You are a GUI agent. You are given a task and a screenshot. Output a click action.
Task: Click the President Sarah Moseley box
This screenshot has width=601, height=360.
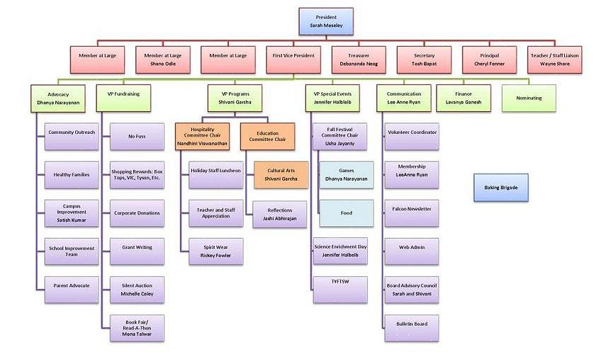pyautogui.click(x=326, y=21)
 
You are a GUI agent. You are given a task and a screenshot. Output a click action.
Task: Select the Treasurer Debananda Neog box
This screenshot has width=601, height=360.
pyautogui.click(x=359, y=60)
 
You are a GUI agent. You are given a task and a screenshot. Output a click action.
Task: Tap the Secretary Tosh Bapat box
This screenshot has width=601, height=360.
pyautogui.click(x=425, y=60)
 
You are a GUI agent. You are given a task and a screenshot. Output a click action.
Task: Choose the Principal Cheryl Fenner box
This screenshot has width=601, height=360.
pyautogui.click(x=490, y=60)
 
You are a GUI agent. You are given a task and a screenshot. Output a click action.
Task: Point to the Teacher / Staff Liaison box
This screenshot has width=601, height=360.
pyautogui.click(x=555, y=60)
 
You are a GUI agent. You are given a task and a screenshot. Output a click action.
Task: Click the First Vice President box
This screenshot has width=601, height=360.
pyautogui.click(x=293, y=60)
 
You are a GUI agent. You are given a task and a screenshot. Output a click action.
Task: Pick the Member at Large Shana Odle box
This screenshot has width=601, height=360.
pyautogui.click(x=162, y=60)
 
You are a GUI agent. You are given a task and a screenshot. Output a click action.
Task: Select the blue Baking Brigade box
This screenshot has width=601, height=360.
pyautogui.click(x=501, y=187)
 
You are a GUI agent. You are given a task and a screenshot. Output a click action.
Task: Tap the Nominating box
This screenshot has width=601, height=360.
pyautogui.click(x=529, y=98)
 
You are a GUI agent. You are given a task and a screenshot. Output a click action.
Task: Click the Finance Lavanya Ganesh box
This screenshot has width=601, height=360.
pyautogui.click(x=463, y=98)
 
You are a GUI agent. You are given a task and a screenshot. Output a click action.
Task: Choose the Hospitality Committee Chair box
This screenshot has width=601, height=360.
pyautogui.click(x=206, y=137)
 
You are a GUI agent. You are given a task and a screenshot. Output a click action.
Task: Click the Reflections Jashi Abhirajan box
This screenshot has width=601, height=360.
pyautogui.click(x=280, y=214)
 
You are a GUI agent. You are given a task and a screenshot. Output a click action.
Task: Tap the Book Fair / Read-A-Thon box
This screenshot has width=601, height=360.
pyautogui.click(x=137, y=327)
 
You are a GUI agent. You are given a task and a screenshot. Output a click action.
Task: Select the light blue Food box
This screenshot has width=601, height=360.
pyautogui.click(x=347, y=213)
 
